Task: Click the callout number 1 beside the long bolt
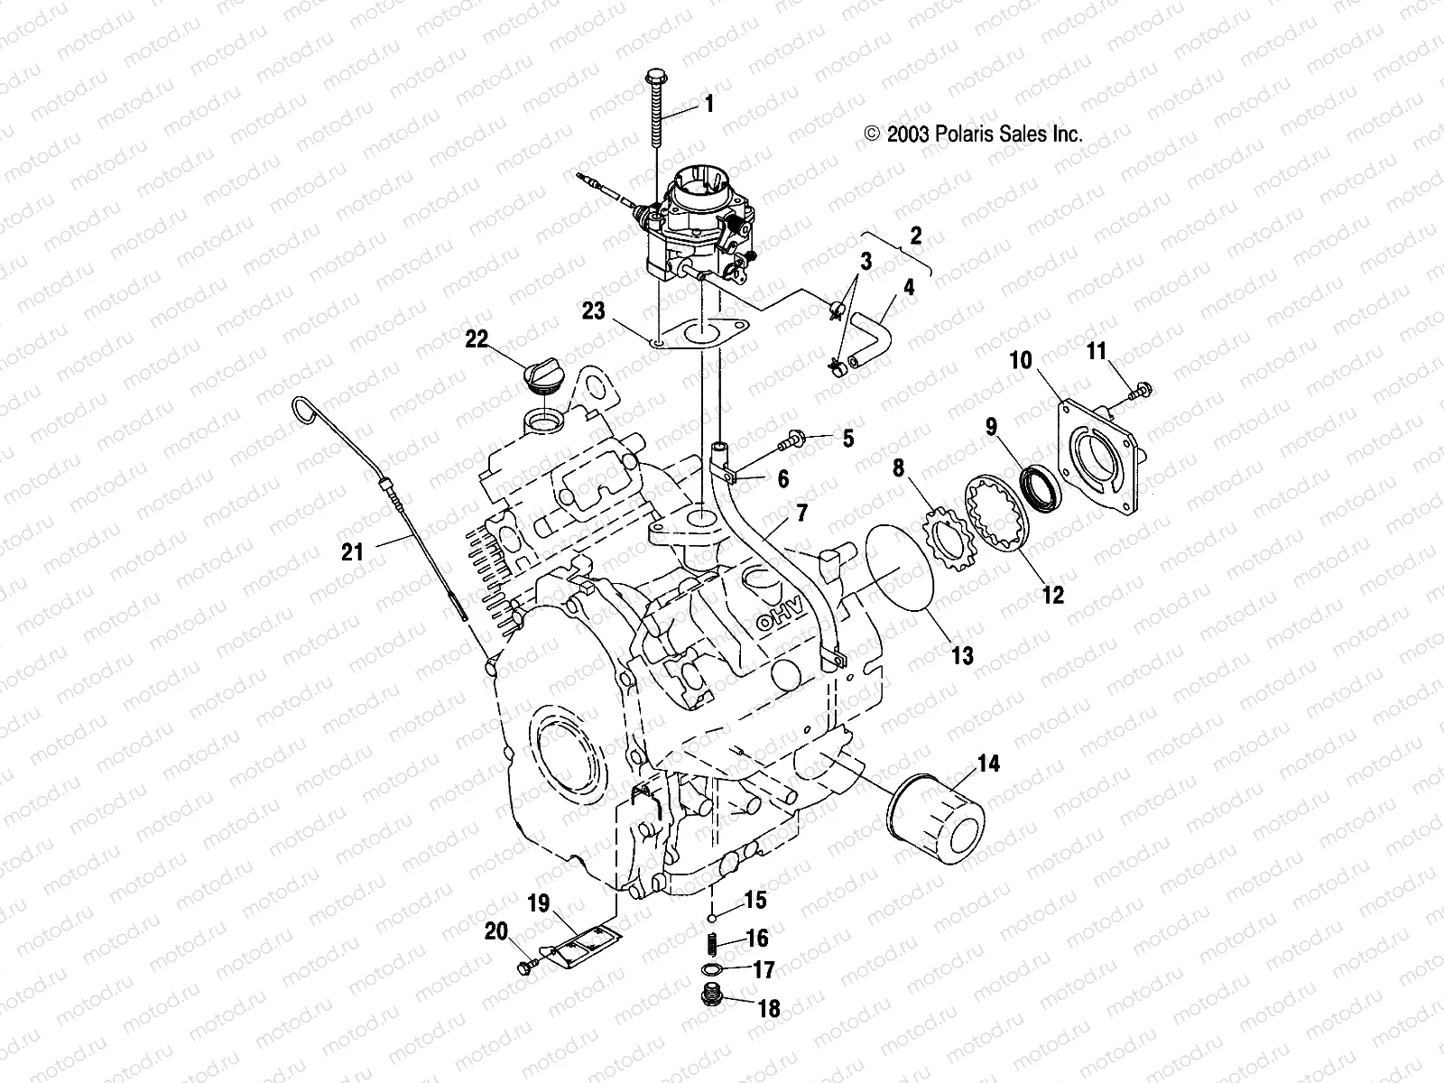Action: (x=708, y=105)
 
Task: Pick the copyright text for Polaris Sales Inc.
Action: (x=973, y=134)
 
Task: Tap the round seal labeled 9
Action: (x=1038, y=483)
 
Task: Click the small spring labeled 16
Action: (x=712, y=944)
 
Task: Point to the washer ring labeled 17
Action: (x=712, y=969)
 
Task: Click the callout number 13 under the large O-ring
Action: (x=962, y=655)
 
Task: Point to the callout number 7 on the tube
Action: (x=801, y=513)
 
